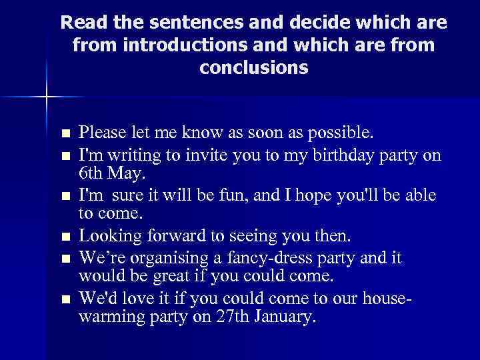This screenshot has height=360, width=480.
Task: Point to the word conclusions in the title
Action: [253, 68]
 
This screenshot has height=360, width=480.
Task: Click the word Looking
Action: [106, 236]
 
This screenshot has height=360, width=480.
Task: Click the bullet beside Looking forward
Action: [64, 237]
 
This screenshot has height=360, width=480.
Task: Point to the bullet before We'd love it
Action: [64, 299]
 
